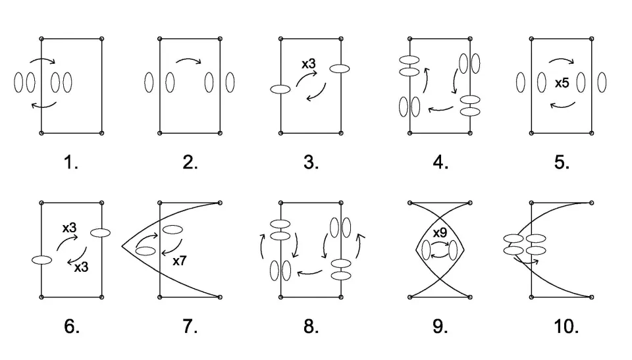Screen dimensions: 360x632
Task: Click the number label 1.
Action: click(71, 163)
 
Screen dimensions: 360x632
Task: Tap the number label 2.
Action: click(190, 163)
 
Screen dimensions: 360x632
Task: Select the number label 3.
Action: click(311, 163)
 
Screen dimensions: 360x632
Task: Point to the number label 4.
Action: click(440, 163)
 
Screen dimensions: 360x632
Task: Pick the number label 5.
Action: click(562, 163)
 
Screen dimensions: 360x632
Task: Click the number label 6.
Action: click(71, 326)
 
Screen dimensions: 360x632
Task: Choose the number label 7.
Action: click(190, 326)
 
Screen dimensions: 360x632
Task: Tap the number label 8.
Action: click(311, 326)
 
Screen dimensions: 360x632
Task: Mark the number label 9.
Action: click(440, 326)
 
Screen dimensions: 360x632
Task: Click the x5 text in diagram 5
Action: click(562, 84)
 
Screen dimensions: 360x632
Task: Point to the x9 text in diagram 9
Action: click(440, 233)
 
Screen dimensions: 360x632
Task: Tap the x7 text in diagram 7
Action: click(180, 261)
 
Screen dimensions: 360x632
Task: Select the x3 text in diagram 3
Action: click(308, 64)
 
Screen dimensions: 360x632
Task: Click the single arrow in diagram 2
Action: click(189, 63)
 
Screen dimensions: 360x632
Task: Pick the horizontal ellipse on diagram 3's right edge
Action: click(340, 68)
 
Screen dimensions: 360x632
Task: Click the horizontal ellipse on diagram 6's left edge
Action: click(41, 260)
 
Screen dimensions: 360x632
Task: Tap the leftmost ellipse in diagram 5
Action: click(521, 83)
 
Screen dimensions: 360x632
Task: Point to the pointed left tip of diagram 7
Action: click(122, 247)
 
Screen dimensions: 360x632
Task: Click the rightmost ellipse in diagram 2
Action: click(230, 83)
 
